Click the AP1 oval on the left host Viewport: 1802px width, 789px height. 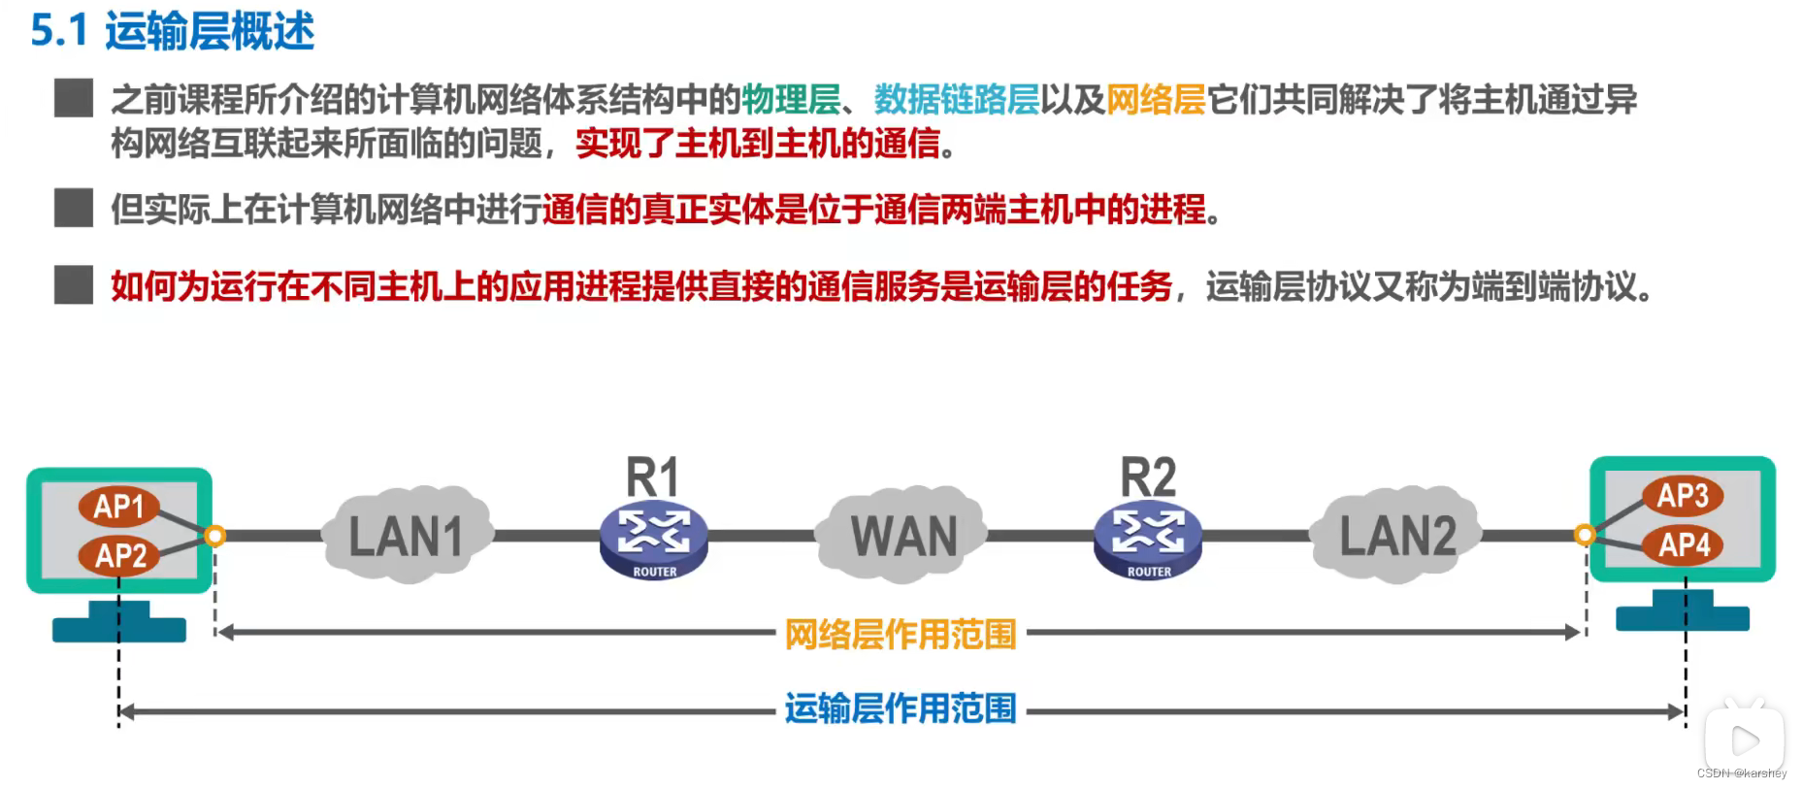[119, 506]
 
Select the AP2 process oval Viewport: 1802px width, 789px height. [120, 555]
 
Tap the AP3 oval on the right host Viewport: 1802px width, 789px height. [1682, 495]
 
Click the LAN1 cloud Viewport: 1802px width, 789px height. [408, 536]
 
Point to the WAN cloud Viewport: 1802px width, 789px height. [902, 536]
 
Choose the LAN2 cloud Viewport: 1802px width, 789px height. [1397, 536]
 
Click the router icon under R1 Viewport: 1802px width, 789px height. [654, 540]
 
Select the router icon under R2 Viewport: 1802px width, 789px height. [1148, 540]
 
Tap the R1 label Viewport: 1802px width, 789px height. [652, 477]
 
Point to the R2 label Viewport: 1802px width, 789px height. [1148, 477]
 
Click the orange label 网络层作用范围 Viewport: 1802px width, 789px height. [900, 635]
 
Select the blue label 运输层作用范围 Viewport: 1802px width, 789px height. [900, 708]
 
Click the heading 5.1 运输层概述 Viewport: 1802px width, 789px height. [173, 31]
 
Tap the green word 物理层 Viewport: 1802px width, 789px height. [791, 99]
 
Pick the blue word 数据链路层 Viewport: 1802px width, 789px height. [956, 99]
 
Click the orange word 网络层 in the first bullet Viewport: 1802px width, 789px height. [1156, 99]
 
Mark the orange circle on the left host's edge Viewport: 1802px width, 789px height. [214, 535]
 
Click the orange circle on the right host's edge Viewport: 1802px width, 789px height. [1585, 534]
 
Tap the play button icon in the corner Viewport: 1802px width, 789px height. [1745, 740]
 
